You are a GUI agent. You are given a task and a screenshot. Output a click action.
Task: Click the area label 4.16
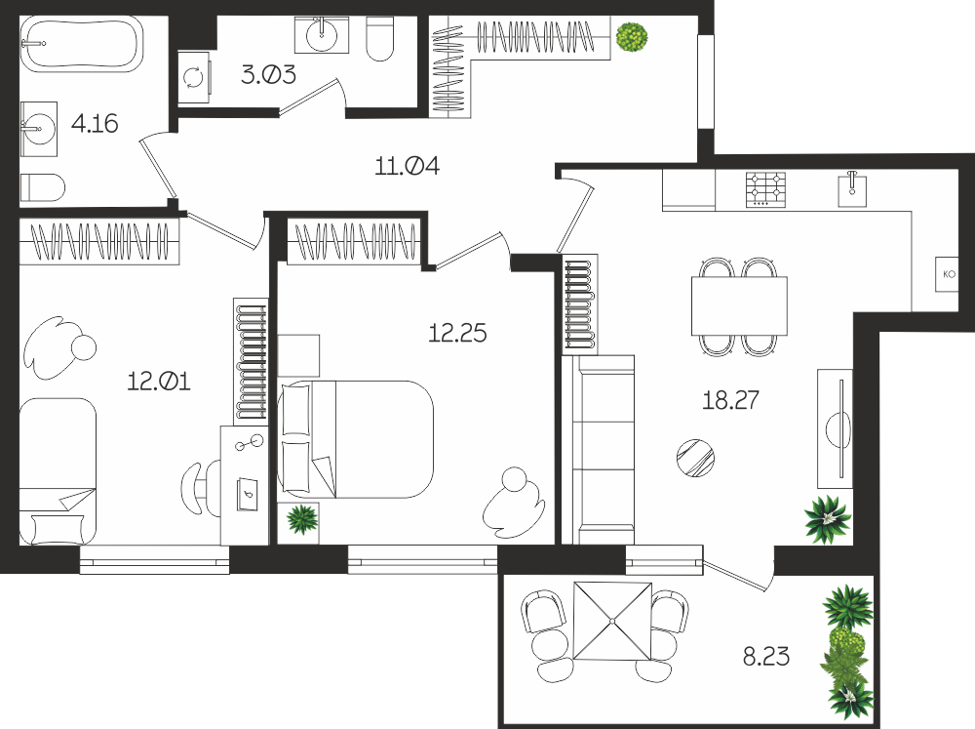coord(95,123)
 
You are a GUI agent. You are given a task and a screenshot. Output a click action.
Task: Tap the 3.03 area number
coord(268,75)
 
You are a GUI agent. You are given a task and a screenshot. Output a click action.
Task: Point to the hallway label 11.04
coord(407,166)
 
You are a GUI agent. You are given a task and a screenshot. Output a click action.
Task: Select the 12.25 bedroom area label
coord(457,333)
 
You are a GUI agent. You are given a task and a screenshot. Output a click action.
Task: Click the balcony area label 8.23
coord(766,656)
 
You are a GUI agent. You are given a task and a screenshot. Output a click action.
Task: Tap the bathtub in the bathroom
coord(82,44)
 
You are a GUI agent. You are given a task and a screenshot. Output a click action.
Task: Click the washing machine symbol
coord(194,77)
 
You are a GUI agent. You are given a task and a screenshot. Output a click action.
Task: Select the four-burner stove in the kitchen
coord(765,189)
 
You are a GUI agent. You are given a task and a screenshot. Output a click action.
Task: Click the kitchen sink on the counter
coord(852,187)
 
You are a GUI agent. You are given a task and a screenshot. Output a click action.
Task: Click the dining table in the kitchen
coord(739,305)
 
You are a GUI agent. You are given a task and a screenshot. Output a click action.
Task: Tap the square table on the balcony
coord(612,621)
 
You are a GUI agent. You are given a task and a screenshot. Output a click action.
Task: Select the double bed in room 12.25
coord(355,439)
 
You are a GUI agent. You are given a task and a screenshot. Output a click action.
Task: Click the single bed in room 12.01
coord(58,471)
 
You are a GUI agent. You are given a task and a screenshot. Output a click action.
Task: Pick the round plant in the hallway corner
coord(632,37)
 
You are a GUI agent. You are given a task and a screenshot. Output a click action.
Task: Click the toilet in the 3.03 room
coord(380,39)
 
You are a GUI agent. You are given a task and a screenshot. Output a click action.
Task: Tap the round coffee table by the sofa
coord(695,458)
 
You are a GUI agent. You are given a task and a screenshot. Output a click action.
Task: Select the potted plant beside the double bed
coord(302,518)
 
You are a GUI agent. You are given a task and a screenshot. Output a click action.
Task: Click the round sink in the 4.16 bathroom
coord(39,129)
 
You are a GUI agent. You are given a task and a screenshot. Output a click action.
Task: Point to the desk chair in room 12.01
coord(200,487)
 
